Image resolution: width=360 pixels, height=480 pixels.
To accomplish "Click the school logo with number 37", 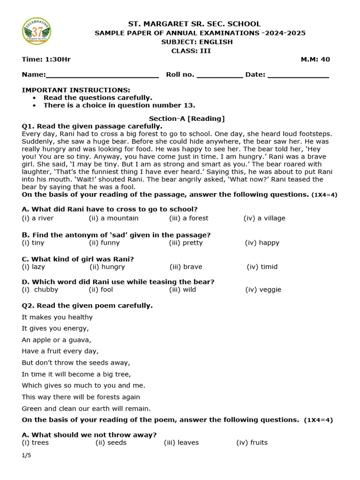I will tap(37, 32).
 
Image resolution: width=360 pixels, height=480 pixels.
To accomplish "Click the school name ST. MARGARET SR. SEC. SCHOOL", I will tap(195, 24).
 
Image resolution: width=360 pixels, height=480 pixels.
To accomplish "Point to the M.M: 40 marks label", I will tap(315, 60).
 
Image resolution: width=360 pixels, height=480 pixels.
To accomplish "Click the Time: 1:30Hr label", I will tap(46, 60).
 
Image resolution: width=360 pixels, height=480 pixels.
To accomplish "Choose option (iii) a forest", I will tap(188, 218).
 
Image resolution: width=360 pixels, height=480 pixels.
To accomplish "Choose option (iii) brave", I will tap(186, 267).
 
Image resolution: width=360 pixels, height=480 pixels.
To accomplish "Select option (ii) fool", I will tap(101, 290).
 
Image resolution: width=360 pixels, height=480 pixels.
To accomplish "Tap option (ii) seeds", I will tap(111, 442).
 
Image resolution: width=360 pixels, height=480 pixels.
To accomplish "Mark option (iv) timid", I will tap(262, 267).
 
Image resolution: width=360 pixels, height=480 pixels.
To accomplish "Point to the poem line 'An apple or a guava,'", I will tap(57, 340).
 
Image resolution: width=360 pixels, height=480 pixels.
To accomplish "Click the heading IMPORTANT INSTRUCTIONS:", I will tap(76, 90).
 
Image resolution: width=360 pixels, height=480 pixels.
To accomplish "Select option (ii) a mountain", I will tap(113, 218).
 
